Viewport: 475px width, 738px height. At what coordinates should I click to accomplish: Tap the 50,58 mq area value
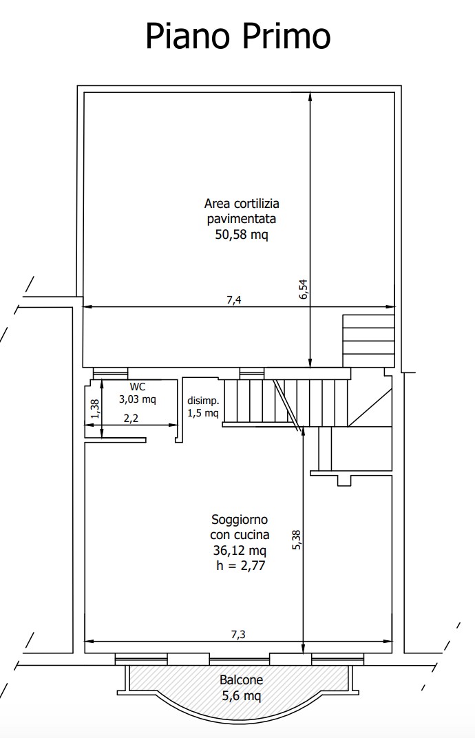click(242, 234)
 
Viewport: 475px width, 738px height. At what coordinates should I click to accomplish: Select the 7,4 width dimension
click(234, 300)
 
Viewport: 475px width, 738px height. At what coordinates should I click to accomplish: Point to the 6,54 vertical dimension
click(303, 289)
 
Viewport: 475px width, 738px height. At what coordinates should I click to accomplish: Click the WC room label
click(138, 387)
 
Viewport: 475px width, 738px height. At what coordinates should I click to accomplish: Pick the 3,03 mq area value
click(138, 399)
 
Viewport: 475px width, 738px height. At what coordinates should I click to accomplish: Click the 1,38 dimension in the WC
click(95, 408)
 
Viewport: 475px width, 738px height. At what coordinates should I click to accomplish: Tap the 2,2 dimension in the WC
click(131, 418)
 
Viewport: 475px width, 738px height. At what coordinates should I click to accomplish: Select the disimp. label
click(203, 401)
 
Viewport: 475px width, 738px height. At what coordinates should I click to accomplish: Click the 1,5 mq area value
click(203, 413)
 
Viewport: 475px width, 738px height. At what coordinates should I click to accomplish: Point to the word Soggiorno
click(240, 520)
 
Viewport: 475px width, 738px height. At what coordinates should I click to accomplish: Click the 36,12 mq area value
click(240, 550)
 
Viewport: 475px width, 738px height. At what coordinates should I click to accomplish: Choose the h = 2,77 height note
click(240, 565)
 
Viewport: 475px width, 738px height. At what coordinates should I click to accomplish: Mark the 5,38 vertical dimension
click(297, 540)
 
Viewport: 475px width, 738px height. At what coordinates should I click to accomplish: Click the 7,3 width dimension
click(238, 635)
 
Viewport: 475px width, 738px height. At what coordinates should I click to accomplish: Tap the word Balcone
click(241, 680)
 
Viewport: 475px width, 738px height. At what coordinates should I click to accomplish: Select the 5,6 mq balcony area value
click(242, 695)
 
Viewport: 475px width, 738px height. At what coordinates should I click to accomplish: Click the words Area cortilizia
click(242, 203)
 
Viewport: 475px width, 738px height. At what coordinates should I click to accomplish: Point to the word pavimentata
click(242, 219)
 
